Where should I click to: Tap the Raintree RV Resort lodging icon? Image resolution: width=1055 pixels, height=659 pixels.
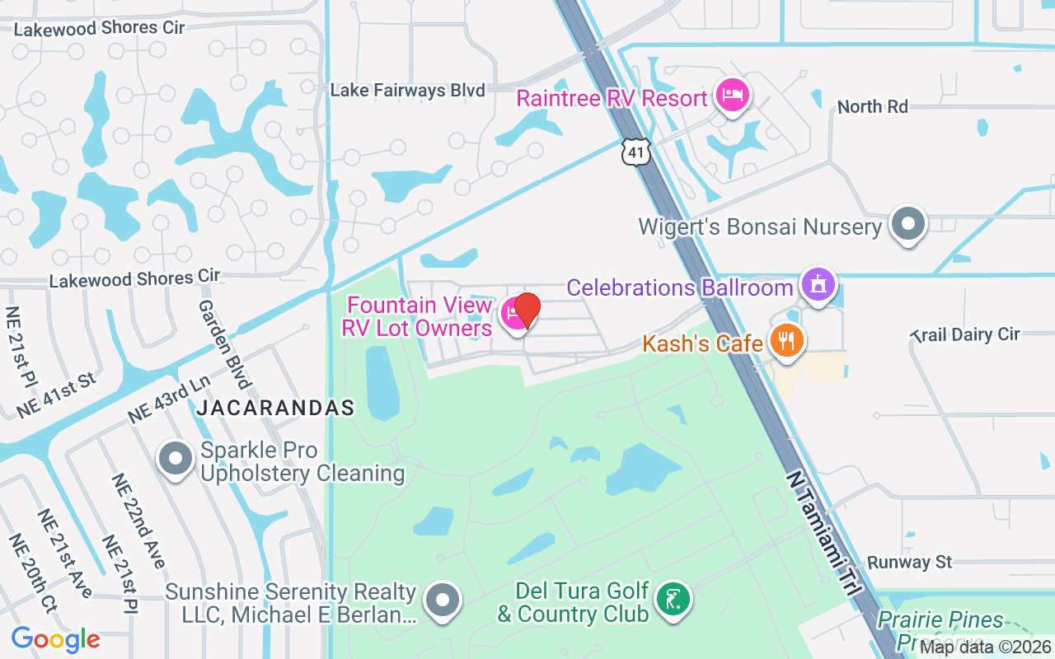pyautogui.click(x=731, y=96)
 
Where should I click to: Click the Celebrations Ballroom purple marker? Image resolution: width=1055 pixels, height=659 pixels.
pyautogui.click(x=818, y=285)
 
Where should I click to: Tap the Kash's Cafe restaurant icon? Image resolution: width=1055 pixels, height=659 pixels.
pyautogui.click(x=786, y=341)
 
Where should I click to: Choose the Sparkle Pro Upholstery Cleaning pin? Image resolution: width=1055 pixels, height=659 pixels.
pyautogui.click(x=176, y=459)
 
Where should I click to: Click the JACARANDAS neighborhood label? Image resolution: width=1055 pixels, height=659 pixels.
pyautogui.click(x=275, y=408)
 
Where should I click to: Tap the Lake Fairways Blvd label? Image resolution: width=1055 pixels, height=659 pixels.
pyautogui.click(x=407, y=91)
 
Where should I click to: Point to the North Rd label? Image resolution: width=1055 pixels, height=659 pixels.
pyautogui.click(x=872, y=107)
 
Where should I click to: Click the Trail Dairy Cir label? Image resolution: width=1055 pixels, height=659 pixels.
pyautogui.click(x=965, y=334)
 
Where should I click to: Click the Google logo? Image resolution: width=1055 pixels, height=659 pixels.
pyautogui.click(x=55, y=639)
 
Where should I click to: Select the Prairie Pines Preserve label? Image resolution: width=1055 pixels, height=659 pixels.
pyautogui.click(x=940, y=629)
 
